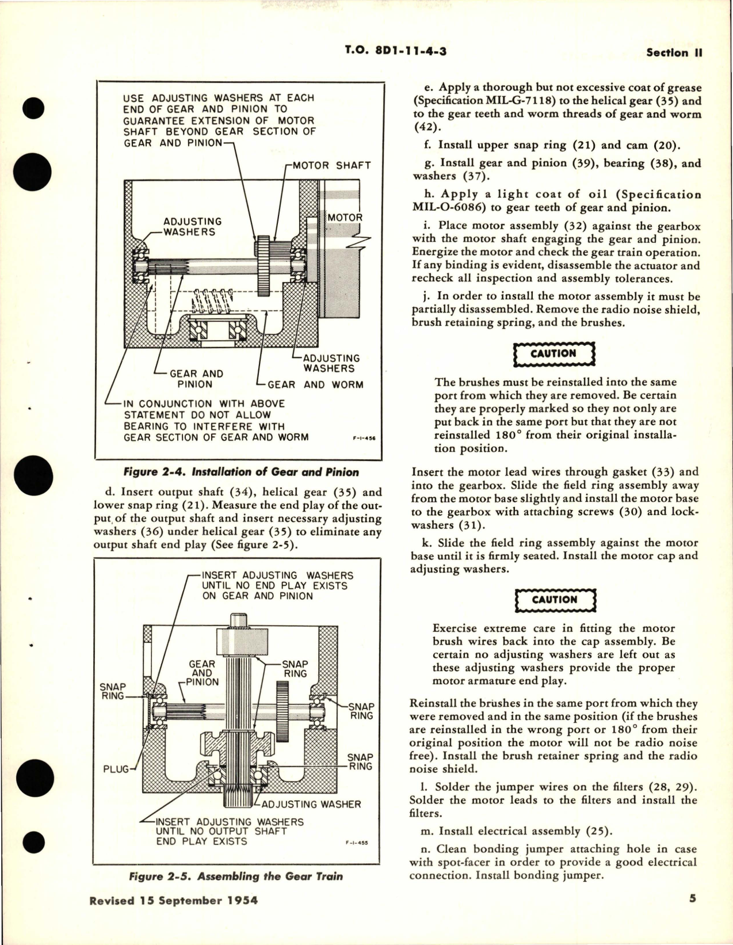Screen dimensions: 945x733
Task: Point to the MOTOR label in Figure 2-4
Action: [x=345, y=218]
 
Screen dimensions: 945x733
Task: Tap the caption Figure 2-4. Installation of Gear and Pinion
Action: [x=241, y=472]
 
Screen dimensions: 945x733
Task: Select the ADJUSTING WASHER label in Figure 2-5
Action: [x=311, y=804]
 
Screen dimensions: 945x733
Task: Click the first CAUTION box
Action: [x=553, y=354]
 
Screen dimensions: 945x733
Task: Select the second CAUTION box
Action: [x=553, y=600]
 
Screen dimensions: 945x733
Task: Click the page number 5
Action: [x=692, y=899]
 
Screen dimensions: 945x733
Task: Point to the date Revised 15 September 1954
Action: [x=173, y=901]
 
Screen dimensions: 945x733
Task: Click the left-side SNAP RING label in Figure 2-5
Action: [x=113, y=691]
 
